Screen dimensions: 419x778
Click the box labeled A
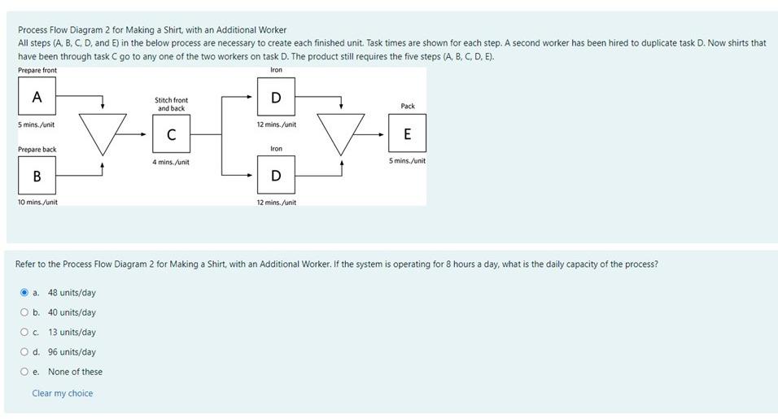coord(37,98)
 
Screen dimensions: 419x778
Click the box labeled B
coord(37,176)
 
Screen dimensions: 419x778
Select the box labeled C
coord(171,135)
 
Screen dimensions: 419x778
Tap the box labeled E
coord(407,134)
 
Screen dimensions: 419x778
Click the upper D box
coord(276,98)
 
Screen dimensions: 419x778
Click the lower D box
coord(276,176)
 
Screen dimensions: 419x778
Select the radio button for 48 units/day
coord(24,292)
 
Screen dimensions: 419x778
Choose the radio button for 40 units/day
coord(24,312)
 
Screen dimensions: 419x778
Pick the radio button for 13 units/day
coord(24,332)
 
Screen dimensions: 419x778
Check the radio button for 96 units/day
coord(24,352)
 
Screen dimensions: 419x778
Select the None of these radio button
coord(24,372)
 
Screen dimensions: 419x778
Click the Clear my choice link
coord(63,394)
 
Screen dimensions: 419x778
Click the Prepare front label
coord(37,71)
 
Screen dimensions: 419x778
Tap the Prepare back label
coord(37,150)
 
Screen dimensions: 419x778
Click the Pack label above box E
coord(408,107)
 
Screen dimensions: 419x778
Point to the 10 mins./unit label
coord(37,202)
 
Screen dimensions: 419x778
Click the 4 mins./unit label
coord(171,163)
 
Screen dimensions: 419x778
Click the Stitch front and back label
coord(171,104)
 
